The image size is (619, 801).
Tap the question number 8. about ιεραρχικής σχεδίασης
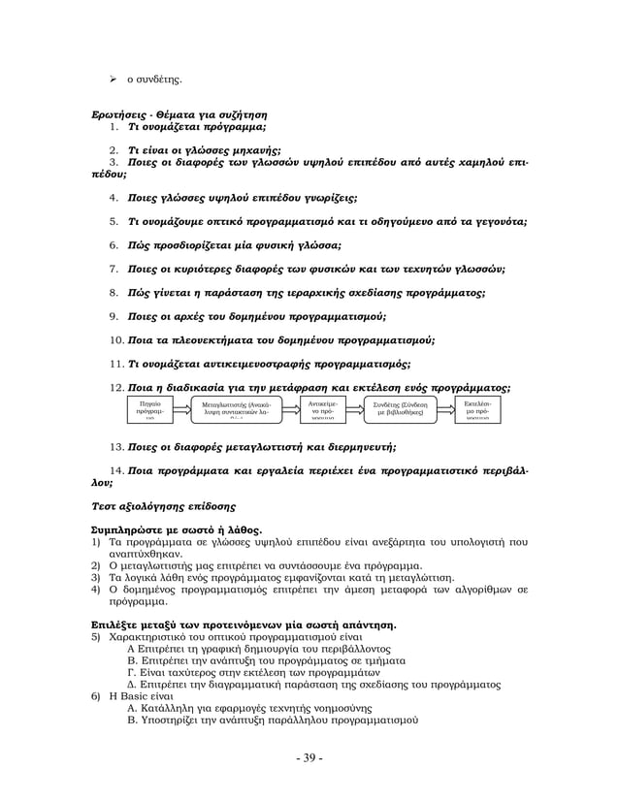(x=114, y=292)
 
